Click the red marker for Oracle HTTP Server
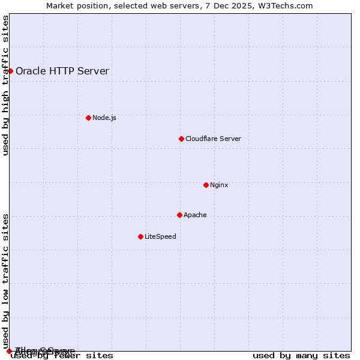[x=10, y=71]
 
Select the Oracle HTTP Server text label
[x=62, y=71]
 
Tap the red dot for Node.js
[x=88, y=118]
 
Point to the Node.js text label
[x=104, y=118]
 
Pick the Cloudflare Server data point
[x=181, y=139]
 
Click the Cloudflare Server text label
[x=213, y=139]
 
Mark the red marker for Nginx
[x=206, y=185]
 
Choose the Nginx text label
[x=219, y=185]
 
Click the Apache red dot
[x=179, y=215]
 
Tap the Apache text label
[x=195, y=215]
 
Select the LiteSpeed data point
[x=140, y=236]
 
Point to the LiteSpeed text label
[x=160, y=236]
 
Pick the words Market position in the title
[x=74, y=5]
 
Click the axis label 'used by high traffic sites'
[x=6, y=85]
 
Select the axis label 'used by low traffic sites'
[x=6, y=281]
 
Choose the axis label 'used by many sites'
[x=301, y=356]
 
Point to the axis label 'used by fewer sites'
[x=62, y=356]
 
